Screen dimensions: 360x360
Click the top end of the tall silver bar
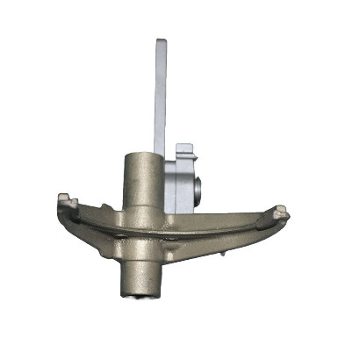162,44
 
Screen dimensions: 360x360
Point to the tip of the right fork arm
281,212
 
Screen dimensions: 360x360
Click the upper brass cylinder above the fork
140,180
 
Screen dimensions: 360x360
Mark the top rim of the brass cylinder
140,155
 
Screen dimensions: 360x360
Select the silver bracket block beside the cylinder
183,180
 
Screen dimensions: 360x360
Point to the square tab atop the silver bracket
184,149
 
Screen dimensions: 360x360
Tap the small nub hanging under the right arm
226,254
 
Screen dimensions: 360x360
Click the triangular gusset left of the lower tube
113,250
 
